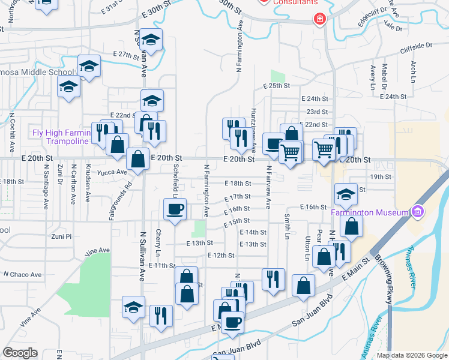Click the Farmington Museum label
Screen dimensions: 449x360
click(x=369, y=212)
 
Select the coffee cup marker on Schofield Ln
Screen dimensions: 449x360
click(x=175, y=209)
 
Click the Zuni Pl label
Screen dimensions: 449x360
click(x=61, y=237)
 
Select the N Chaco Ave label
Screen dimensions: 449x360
click(x=22, y=275)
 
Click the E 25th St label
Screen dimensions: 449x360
click(x=276, y=86)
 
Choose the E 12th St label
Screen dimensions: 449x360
click(x=220, y=256)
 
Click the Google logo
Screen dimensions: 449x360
click(x=20, y=353)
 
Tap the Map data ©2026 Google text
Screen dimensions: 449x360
click(x=411, y=355)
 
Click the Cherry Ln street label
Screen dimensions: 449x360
click(x=158, y=241)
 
